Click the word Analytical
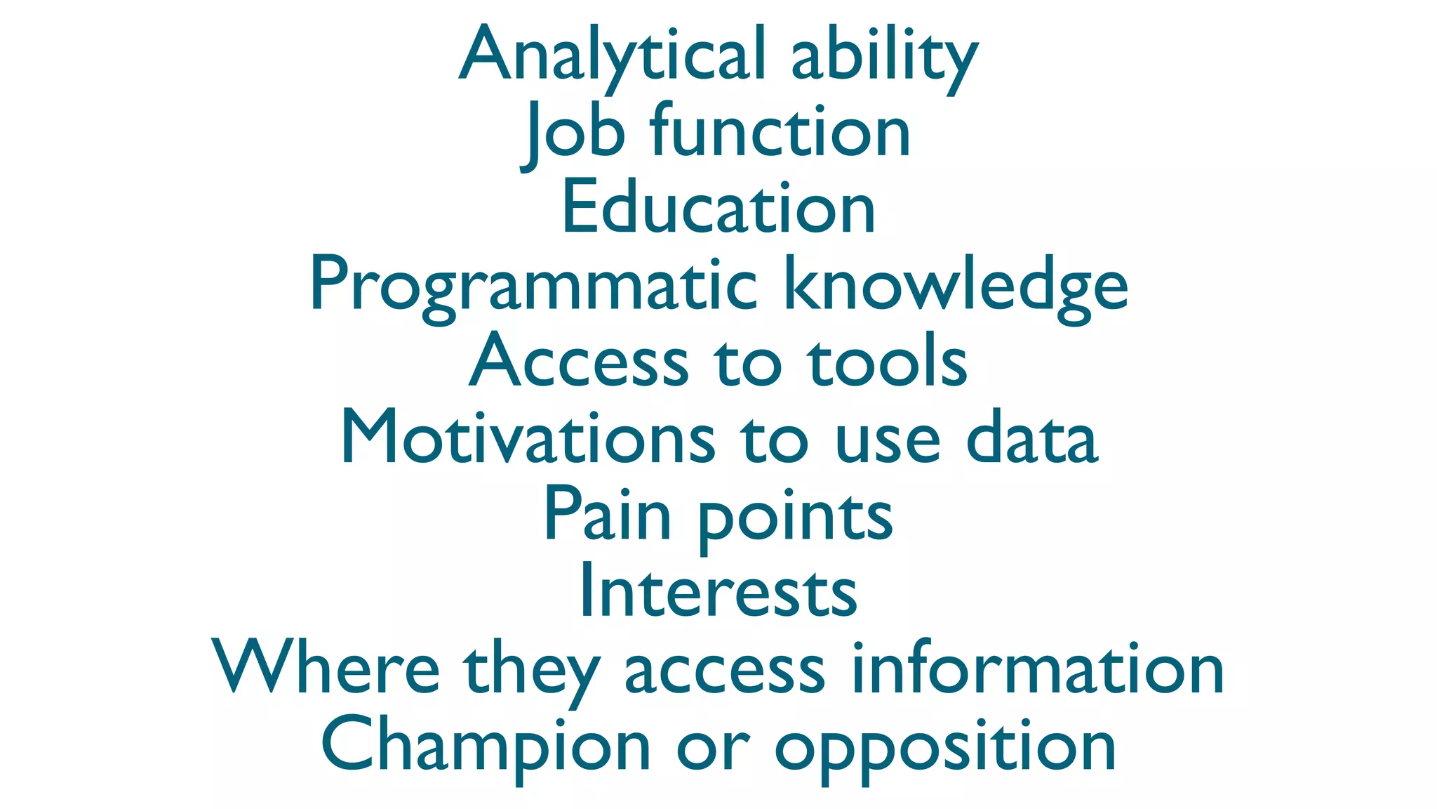point(611,55)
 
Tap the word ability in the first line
point(883,55)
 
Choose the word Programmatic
point(533,285)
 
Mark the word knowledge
point(955,285)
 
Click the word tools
point(887,362)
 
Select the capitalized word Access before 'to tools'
point(579,362)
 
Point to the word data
point(1031,439)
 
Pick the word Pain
point(608,516)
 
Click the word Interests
point(718,592)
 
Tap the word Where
point(326,669)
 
